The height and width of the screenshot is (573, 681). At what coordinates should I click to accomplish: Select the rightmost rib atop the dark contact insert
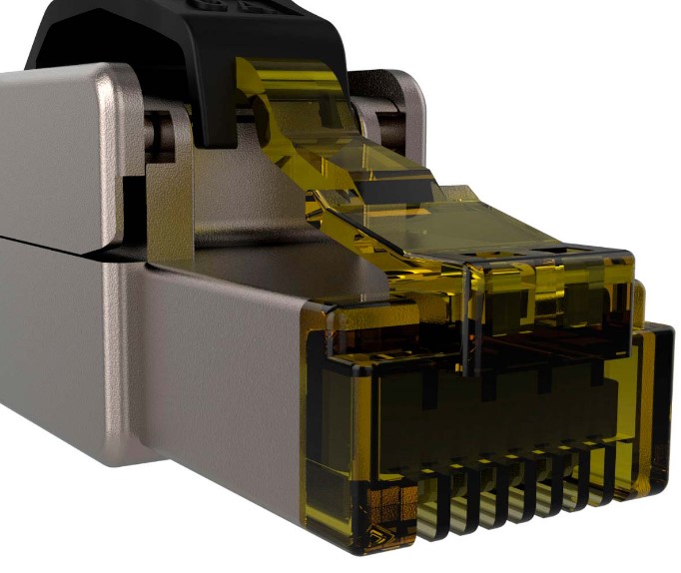pyautogui.click(x=598, y=370)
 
